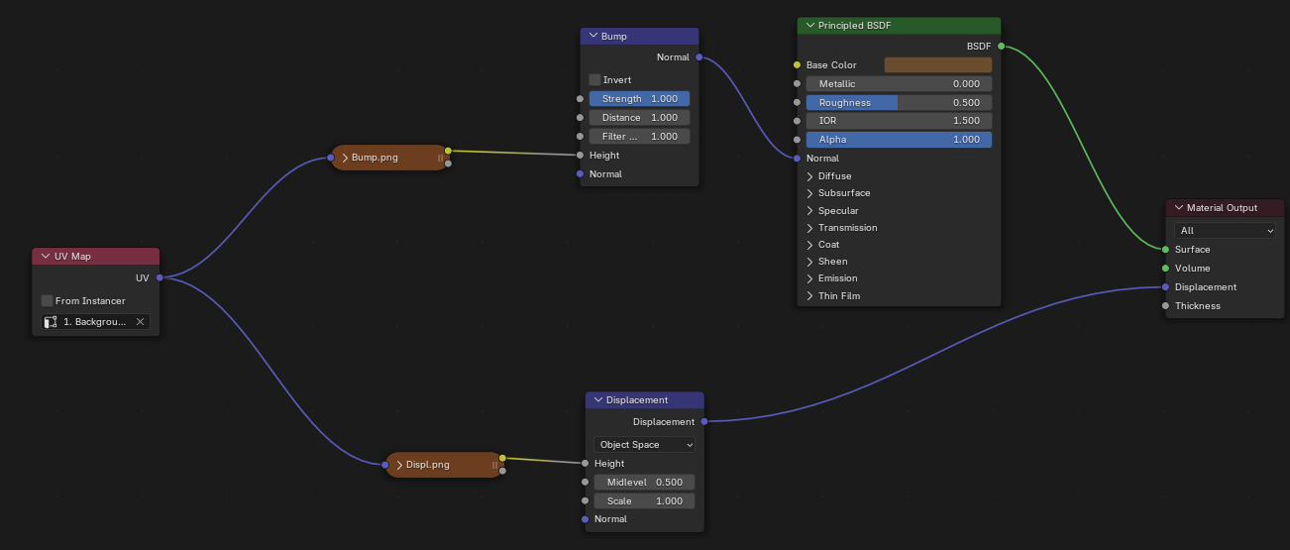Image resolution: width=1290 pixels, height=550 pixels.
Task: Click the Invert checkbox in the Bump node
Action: coord(594,79)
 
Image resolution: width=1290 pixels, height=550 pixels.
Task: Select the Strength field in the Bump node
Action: coord(639,99)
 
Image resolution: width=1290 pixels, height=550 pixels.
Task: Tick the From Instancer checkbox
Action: coord(48,300)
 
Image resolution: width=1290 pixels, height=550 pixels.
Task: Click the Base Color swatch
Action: coord(937,65)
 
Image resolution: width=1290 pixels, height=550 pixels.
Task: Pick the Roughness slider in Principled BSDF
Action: coord(899,103)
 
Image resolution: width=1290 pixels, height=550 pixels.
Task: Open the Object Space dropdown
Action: coord(645,445)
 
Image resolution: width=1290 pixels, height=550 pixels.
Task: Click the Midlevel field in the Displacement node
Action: coord(645,483)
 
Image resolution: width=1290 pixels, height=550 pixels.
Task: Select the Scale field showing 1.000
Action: coord(645,501)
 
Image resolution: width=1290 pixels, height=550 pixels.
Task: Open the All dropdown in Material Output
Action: coord(1226,231)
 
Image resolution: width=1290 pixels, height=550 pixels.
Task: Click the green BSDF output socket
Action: coord(1001,46)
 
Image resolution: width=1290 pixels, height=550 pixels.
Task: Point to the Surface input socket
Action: coord(1165,250)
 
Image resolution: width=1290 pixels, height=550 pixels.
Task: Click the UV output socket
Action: coord(160,277)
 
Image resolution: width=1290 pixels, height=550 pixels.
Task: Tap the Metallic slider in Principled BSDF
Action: coord(899,84)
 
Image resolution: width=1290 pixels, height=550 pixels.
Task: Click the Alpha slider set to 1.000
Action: coord(899,140)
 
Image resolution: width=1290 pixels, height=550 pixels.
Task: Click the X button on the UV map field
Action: coord(140,322)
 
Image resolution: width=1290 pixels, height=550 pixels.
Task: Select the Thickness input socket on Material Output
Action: coord(1165,306)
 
